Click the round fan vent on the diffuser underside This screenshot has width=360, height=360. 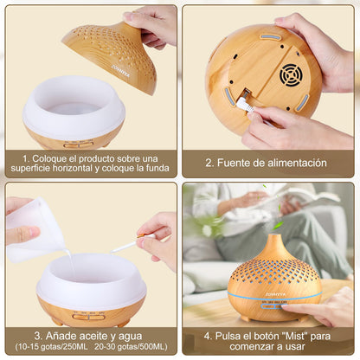point(290,74)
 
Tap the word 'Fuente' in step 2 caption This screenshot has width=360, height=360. point(238,163)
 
